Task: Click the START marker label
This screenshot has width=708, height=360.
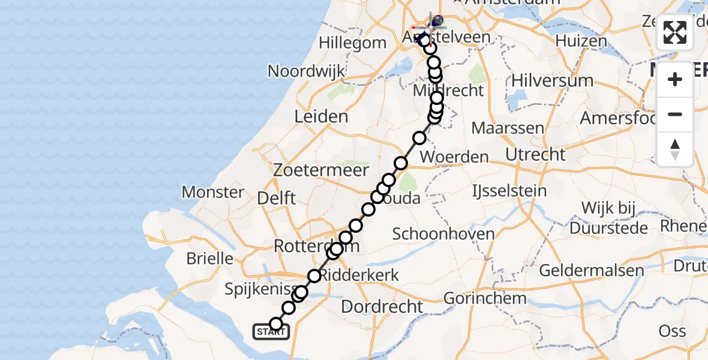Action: (271, 332)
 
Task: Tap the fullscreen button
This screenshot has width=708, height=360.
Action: (675, 32)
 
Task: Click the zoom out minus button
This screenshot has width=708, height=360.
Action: (675, 114)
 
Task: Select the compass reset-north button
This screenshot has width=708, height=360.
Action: (675, 149)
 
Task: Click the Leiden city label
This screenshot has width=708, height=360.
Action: (322, 116)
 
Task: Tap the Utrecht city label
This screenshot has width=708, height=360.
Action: (535, 154)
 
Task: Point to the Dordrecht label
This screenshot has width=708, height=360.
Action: (382, 307)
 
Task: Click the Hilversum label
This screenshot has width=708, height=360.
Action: (552, 80)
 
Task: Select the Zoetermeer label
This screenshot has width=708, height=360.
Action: (320, 170)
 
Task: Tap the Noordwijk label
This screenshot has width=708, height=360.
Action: (306, 71)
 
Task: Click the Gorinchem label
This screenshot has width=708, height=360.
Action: (485, 298)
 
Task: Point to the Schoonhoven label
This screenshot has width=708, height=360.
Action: (443, 234)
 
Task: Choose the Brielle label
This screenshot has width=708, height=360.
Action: (210, 259)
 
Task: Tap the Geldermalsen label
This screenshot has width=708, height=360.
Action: (590, 270)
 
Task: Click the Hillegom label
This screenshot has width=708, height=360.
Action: (352, 43)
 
